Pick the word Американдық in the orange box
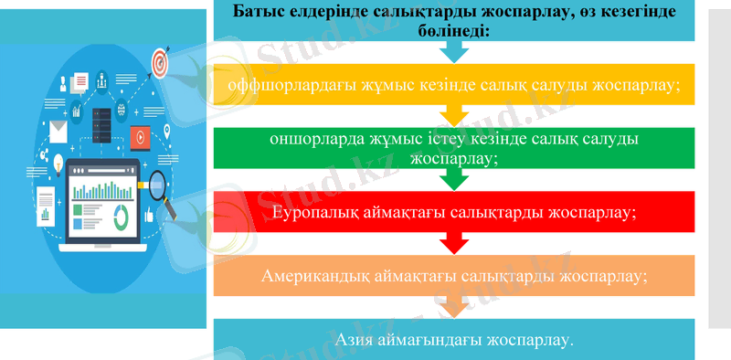pyautogui.click(x=313, y=275)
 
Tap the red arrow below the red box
pyautogui.click(x=454, y=242)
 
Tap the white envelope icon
pyautogui.click(x=58, y=135)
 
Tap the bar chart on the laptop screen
pyautogui.click(x=101, y=192)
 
